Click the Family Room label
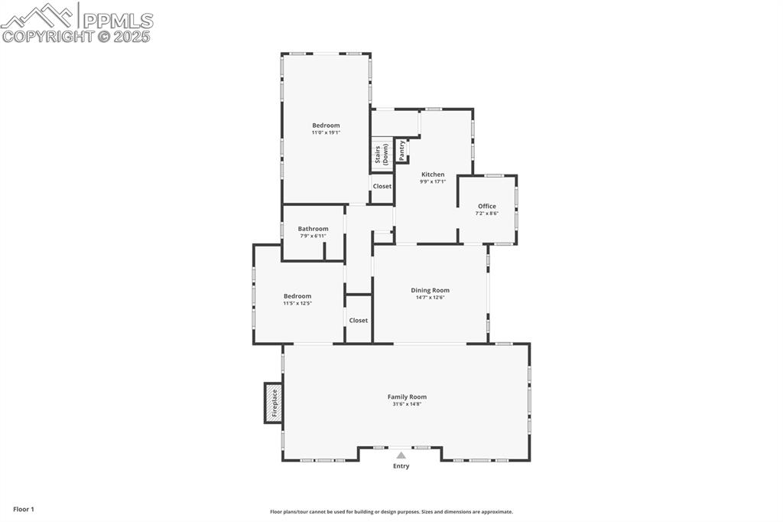click(x=407, y=396)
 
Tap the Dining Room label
click(x=430, y=290)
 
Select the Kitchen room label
click(x=433, y=175)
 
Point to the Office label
click(x=487, y=206)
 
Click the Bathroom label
click(x=313, y=229)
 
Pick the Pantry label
click(x=402, y=150)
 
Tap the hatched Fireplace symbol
click(x=273, y=403)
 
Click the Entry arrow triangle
click(x=401, y=455)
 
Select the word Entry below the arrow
click(x=401, y=466)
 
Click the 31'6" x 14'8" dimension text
click(x=407, y=404)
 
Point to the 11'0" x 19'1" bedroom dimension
click(x=326, y=132)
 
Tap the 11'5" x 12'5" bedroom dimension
click(x=297, y=303)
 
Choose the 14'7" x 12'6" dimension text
click(x=430, y=297)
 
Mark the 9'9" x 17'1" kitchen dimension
click(x=433, y=181)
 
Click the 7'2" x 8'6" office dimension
click(x=487, y=214)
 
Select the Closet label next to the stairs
click(x=382, y=186)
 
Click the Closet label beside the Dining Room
click(x=359, y=320)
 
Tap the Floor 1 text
click(x=24, y=509)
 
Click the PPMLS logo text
click(x=116, y=21)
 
